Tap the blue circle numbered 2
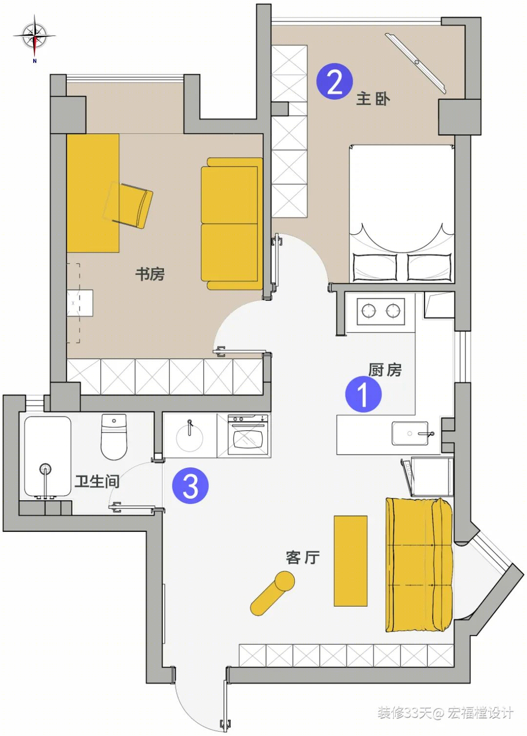pos(335,81)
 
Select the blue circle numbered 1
pos(363,394)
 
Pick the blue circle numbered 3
pos(190,485)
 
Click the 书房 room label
pos(150,274)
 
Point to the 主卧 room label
pos(373,99)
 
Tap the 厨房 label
pos(385,370)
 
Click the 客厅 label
pos(303,557)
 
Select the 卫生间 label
pos(97,482)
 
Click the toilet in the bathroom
pos(114,437)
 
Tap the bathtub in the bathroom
pos(48,457)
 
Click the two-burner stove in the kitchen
pos(381,311)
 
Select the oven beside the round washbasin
pos(248,435)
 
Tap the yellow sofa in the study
pos(232,224)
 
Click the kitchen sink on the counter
pos(410,433)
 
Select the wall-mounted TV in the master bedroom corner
pos(416,63)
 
